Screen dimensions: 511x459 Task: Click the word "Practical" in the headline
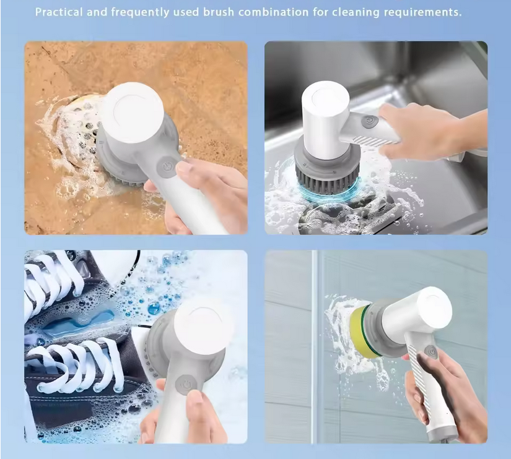pyautogui.click(x=59, y=12)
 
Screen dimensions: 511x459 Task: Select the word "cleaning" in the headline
pyautogui.click(x=356, y=12)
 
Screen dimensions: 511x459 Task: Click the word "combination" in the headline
pyautogui.click(x=273, y=12)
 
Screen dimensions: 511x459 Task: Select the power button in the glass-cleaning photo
pyautogui.click(x=432, y=353)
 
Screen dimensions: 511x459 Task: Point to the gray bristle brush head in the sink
pyautogui.click(x=327, y=174)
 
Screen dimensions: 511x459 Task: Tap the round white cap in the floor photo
pyautogui.click(x=134, y=113)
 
